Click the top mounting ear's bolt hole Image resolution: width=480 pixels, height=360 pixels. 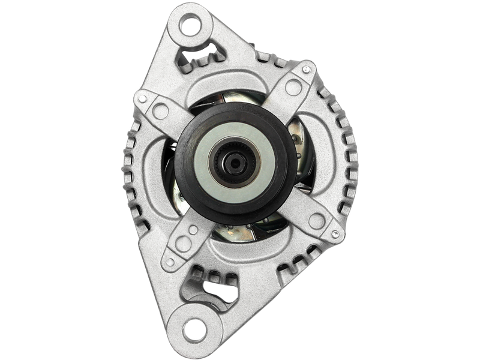pos(191,26)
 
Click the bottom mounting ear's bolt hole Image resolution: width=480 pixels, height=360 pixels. pos(193,329)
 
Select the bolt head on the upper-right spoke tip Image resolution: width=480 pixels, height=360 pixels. pos(306,71)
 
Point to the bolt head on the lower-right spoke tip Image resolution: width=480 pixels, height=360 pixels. pos(334,233)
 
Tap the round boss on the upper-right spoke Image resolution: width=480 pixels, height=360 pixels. pos(293,87)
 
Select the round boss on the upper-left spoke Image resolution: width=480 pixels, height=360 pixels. pos(161,110)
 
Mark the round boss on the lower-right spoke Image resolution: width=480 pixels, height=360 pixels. pos(316,220)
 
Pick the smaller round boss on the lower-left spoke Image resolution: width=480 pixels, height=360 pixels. pos(192,230)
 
